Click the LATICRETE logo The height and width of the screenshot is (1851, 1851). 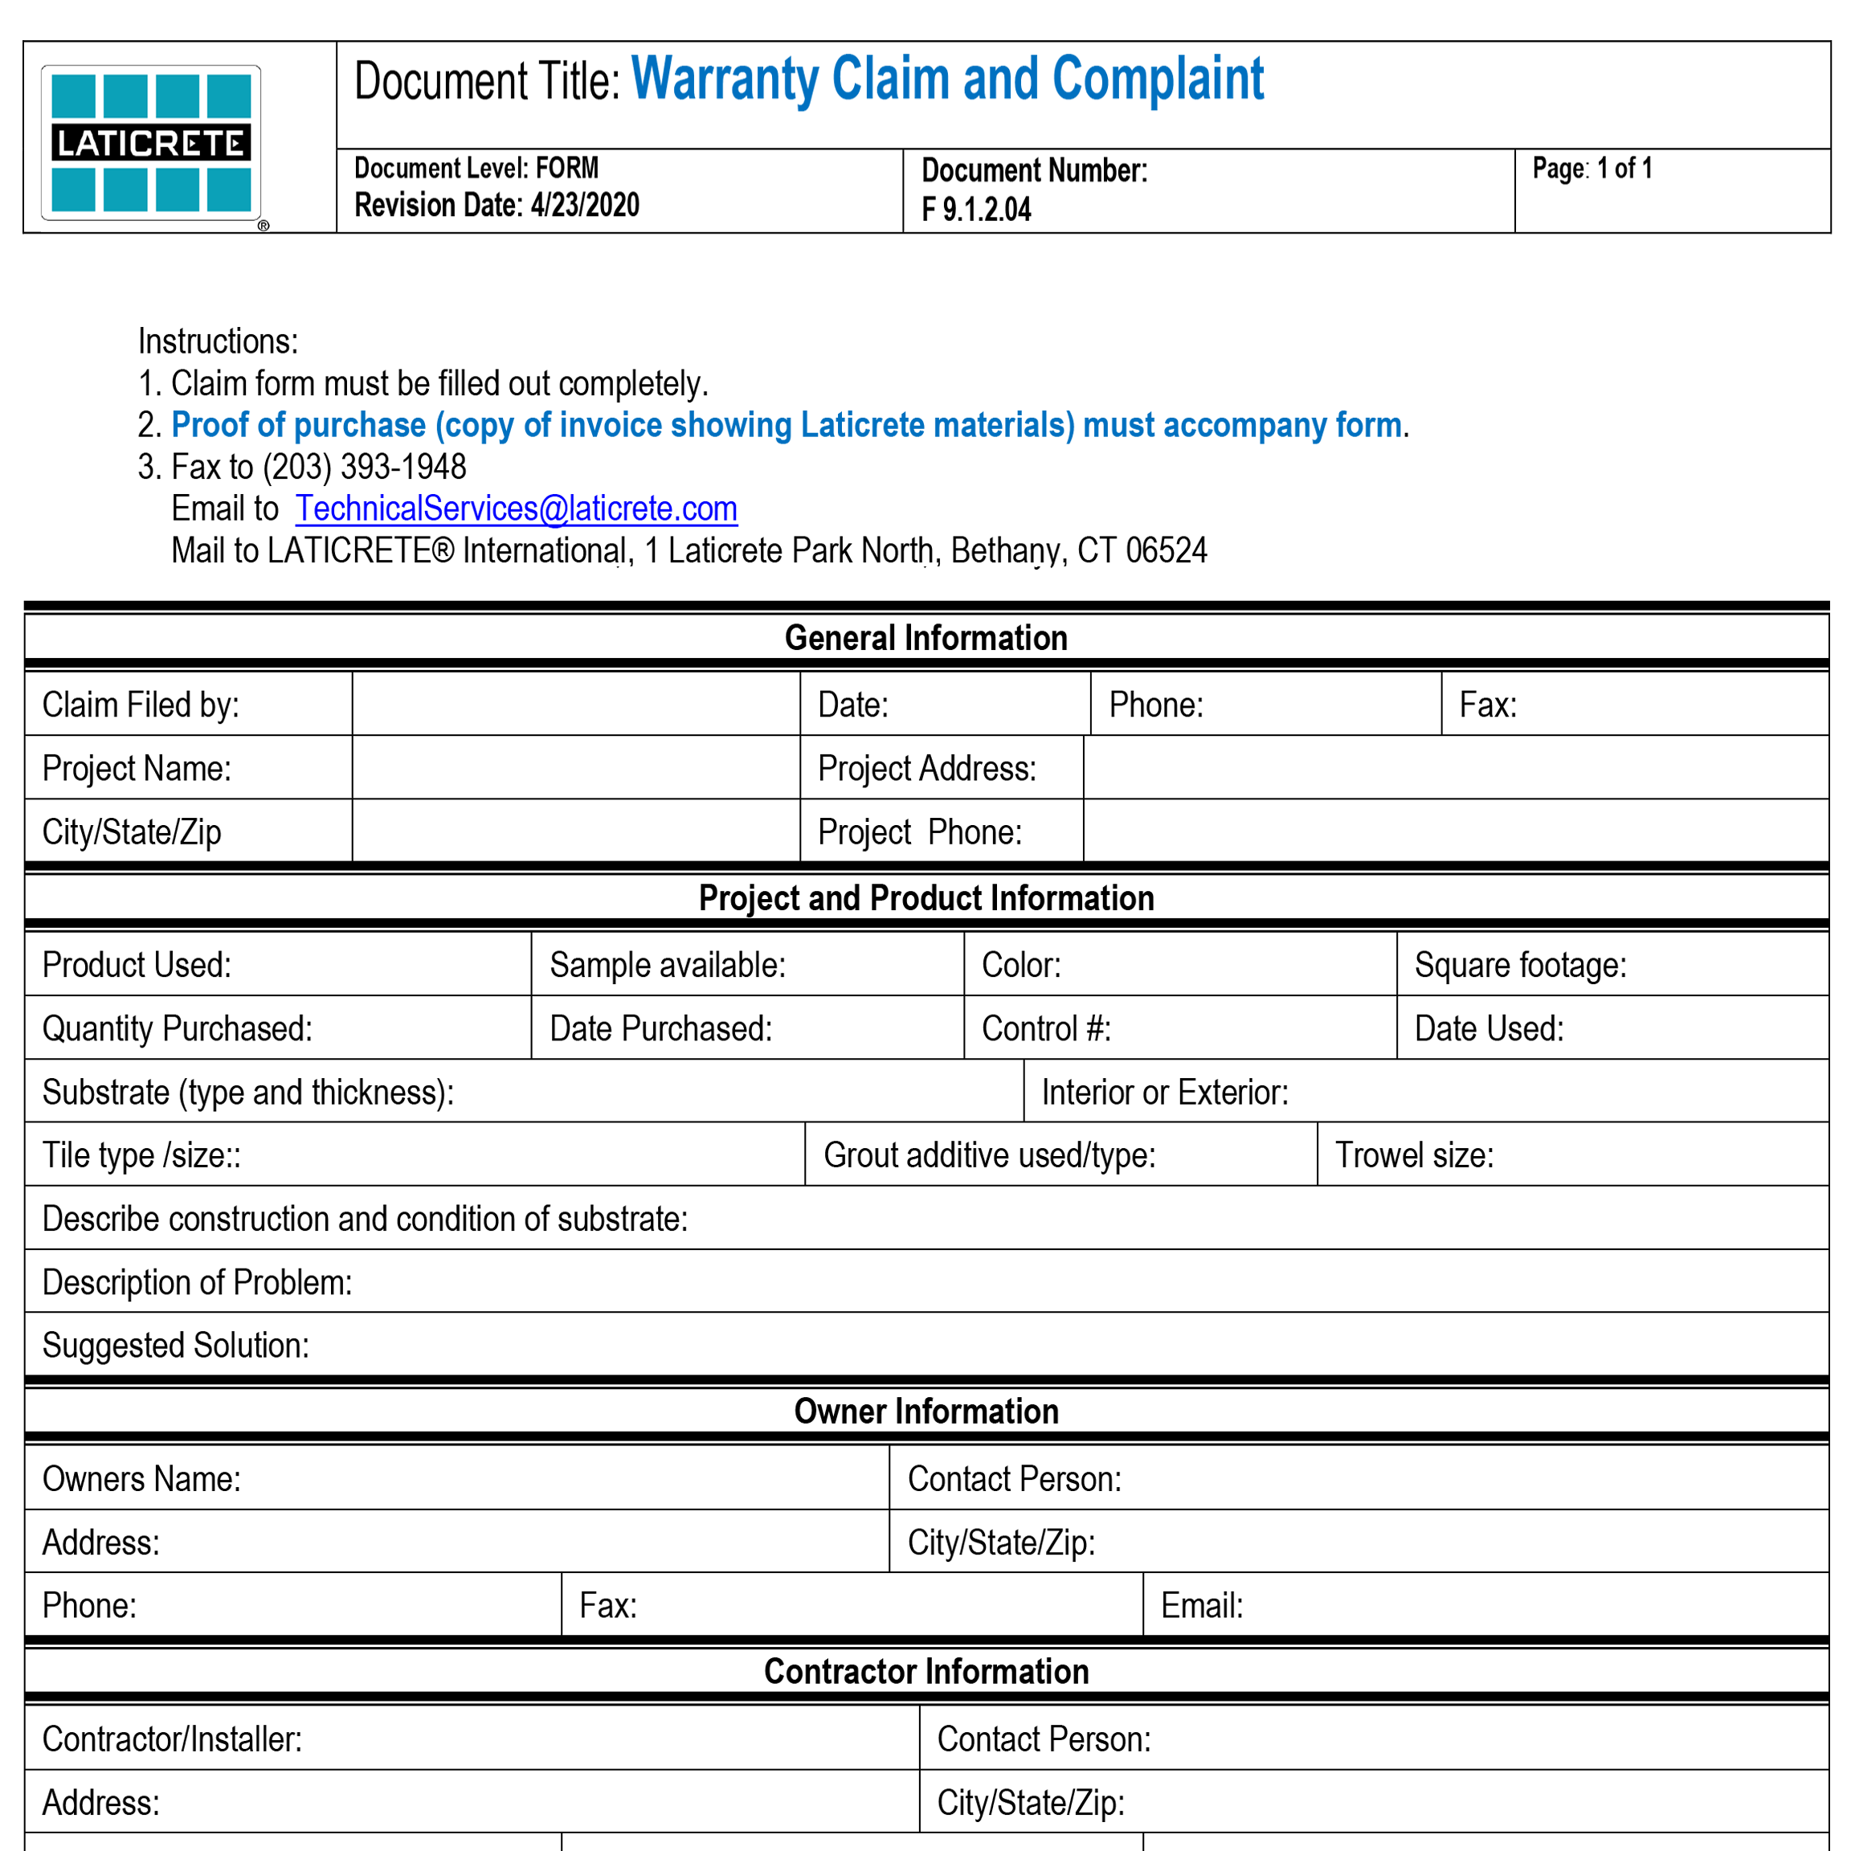tap(150, 143)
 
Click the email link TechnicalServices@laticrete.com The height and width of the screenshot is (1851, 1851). tap(516, 509)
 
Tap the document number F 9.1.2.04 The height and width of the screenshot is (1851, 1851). tap(975, 209)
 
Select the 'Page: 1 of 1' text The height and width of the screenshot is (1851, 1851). tap(1592, 169)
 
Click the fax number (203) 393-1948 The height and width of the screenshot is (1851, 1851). tap(364, 467)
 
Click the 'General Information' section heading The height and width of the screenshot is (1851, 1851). tap(925, 638)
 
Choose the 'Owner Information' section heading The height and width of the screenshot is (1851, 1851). tap(925, 1412)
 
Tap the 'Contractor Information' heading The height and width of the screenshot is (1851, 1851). tap(925, 1672)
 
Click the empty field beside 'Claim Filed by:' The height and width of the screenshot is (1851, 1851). tap(575, 705)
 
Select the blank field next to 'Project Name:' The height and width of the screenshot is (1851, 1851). tap(575, 767)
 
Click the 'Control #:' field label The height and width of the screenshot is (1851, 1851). tap(1046, 1028)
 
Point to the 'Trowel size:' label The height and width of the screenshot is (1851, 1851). tap(1414, 1155)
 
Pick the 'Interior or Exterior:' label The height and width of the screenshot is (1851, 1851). tap(1164, 1093)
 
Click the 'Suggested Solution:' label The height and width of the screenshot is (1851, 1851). tap(175, 1345)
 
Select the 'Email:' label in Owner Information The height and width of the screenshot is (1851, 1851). tap(1201, 1606)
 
